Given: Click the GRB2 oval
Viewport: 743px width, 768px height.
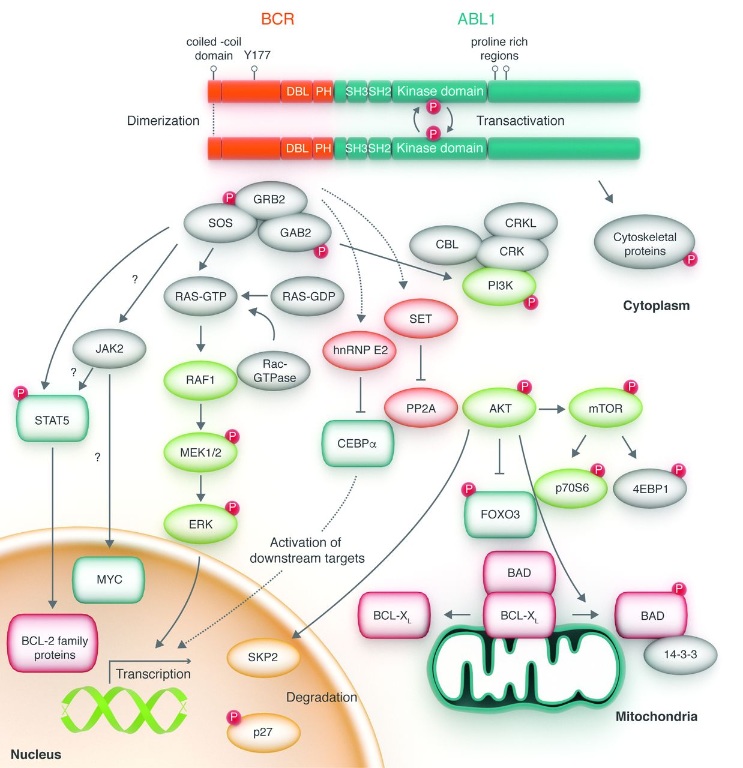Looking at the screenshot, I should click(269, 199).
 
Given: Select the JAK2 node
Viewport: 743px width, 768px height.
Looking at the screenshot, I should click(109, 349).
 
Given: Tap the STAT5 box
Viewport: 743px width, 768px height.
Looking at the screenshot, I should click(52, 420).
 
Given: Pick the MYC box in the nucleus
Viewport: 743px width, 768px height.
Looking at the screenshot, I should click(109, 580).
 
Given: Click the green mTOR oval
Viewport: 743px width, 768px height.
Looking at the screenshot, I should click(605, 409).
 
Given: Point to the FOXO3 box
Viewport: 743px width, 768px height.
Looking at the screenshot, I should click(500, 514).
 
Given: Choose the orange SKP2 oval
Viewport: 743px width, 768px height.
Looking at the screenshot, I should click(263, 657).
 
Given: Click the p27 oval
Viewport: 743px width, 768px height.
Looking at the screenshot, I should click(263, 732).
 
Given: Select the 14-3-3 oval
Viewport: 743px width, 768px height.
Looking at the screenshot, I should click(680, 655).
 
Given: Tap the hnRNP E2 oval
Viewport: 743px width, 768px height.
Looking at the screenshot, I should click(360, 350).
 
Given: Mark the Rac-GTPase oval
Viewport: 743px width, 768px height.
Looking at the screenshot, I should click(274, 371).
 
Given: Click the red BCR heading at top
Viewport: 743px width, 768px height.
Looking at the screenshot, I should click(278, 19).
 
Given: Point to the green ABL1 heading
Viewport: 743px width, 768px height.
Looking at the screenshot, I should click(477, 19).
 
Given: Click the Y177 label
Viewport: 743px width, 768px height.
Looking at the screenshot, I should click(257, 55).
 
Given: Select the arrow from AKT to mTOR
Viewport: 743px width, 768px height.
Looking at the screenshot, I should click(552, 409).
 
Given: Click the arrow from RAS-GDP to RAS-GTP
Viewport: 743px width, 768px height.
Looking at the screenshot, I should click(254, 296).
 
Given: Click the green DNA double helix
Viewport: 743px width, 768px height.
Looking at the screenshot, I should click(124, 710).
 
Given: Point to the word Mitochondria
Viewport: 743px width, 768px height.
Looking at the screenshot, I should click(656, 716).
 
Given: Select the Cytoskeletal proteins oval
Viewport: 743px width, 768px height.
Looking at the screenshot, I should click(645, 244).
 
